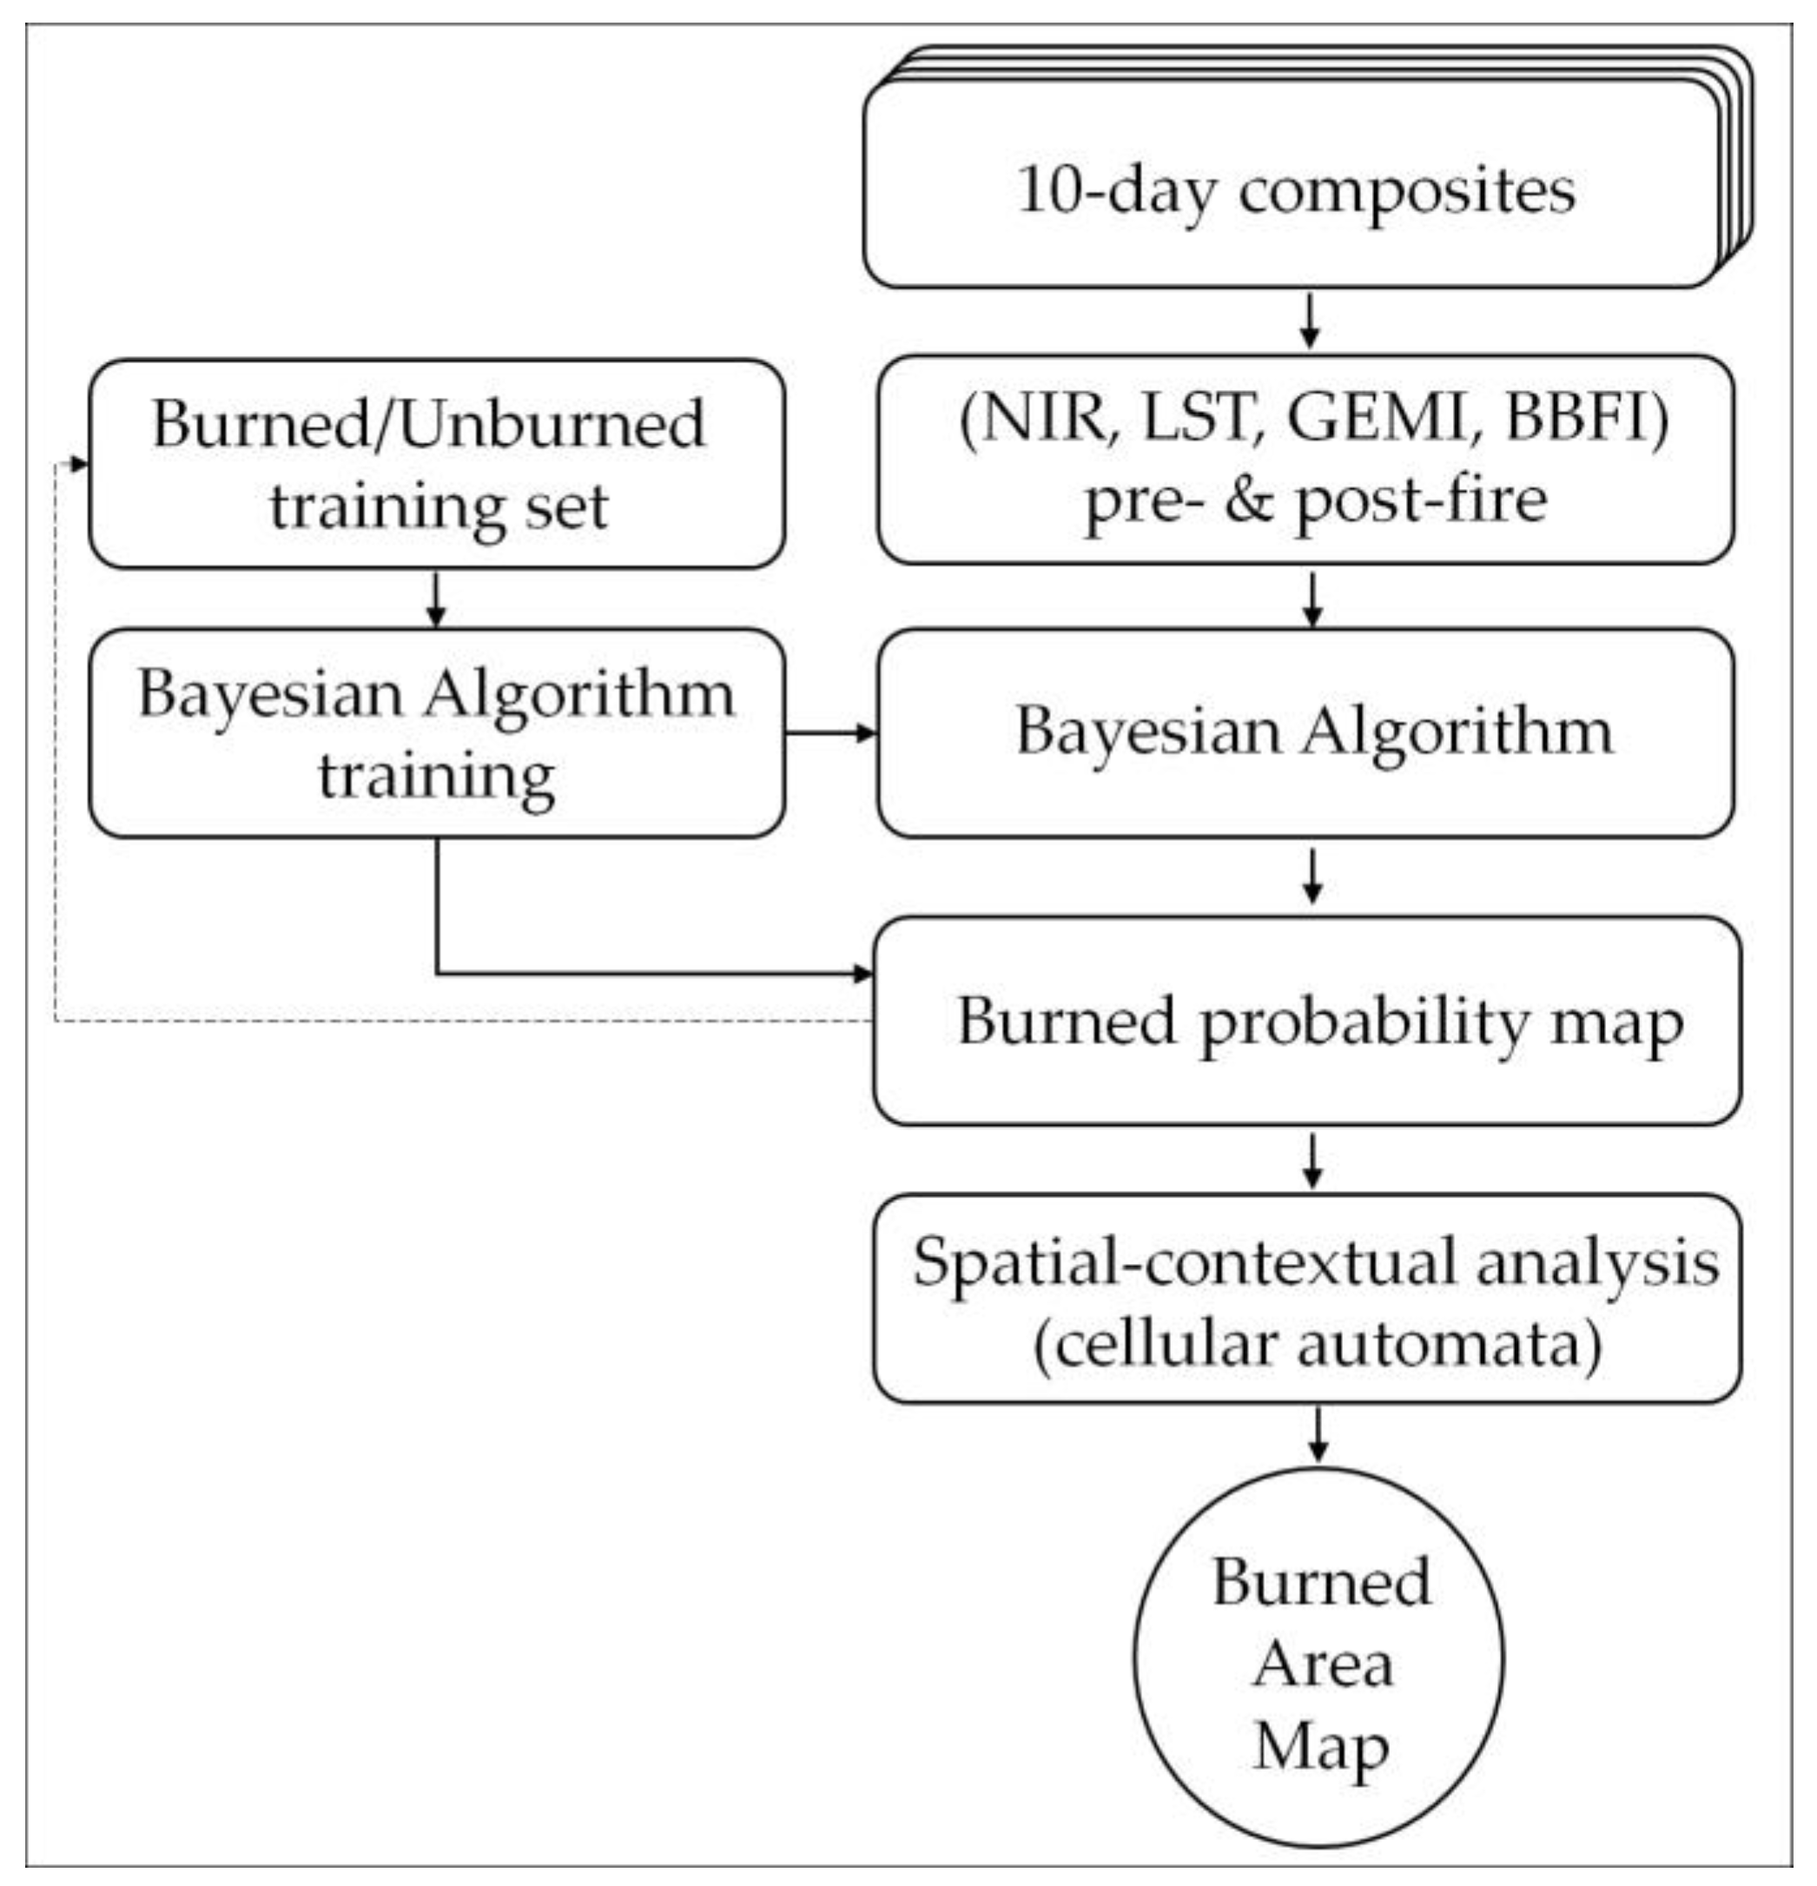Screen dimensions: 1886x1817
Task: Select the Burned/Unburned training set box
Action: click(436, 464)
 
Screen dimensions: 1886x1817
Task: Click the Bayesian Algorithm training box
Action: click(436, 733)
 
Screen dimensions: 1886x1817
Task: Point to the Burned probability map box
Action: click(1306, 1020)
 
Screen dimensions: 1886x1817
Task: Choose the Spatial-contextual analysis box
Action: click(1306, 1299)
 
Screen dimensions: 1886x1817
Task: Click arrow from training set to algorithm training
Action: click(436, 599)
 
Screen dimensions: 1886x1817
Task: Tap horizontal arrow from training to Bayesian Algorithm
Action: click(830, 733)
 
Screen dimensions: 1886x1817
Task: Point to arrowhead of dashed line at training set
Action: click(79, 465)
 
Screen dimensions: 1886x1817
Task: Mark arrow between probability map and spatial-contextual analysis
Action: click(1313, 1160)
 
